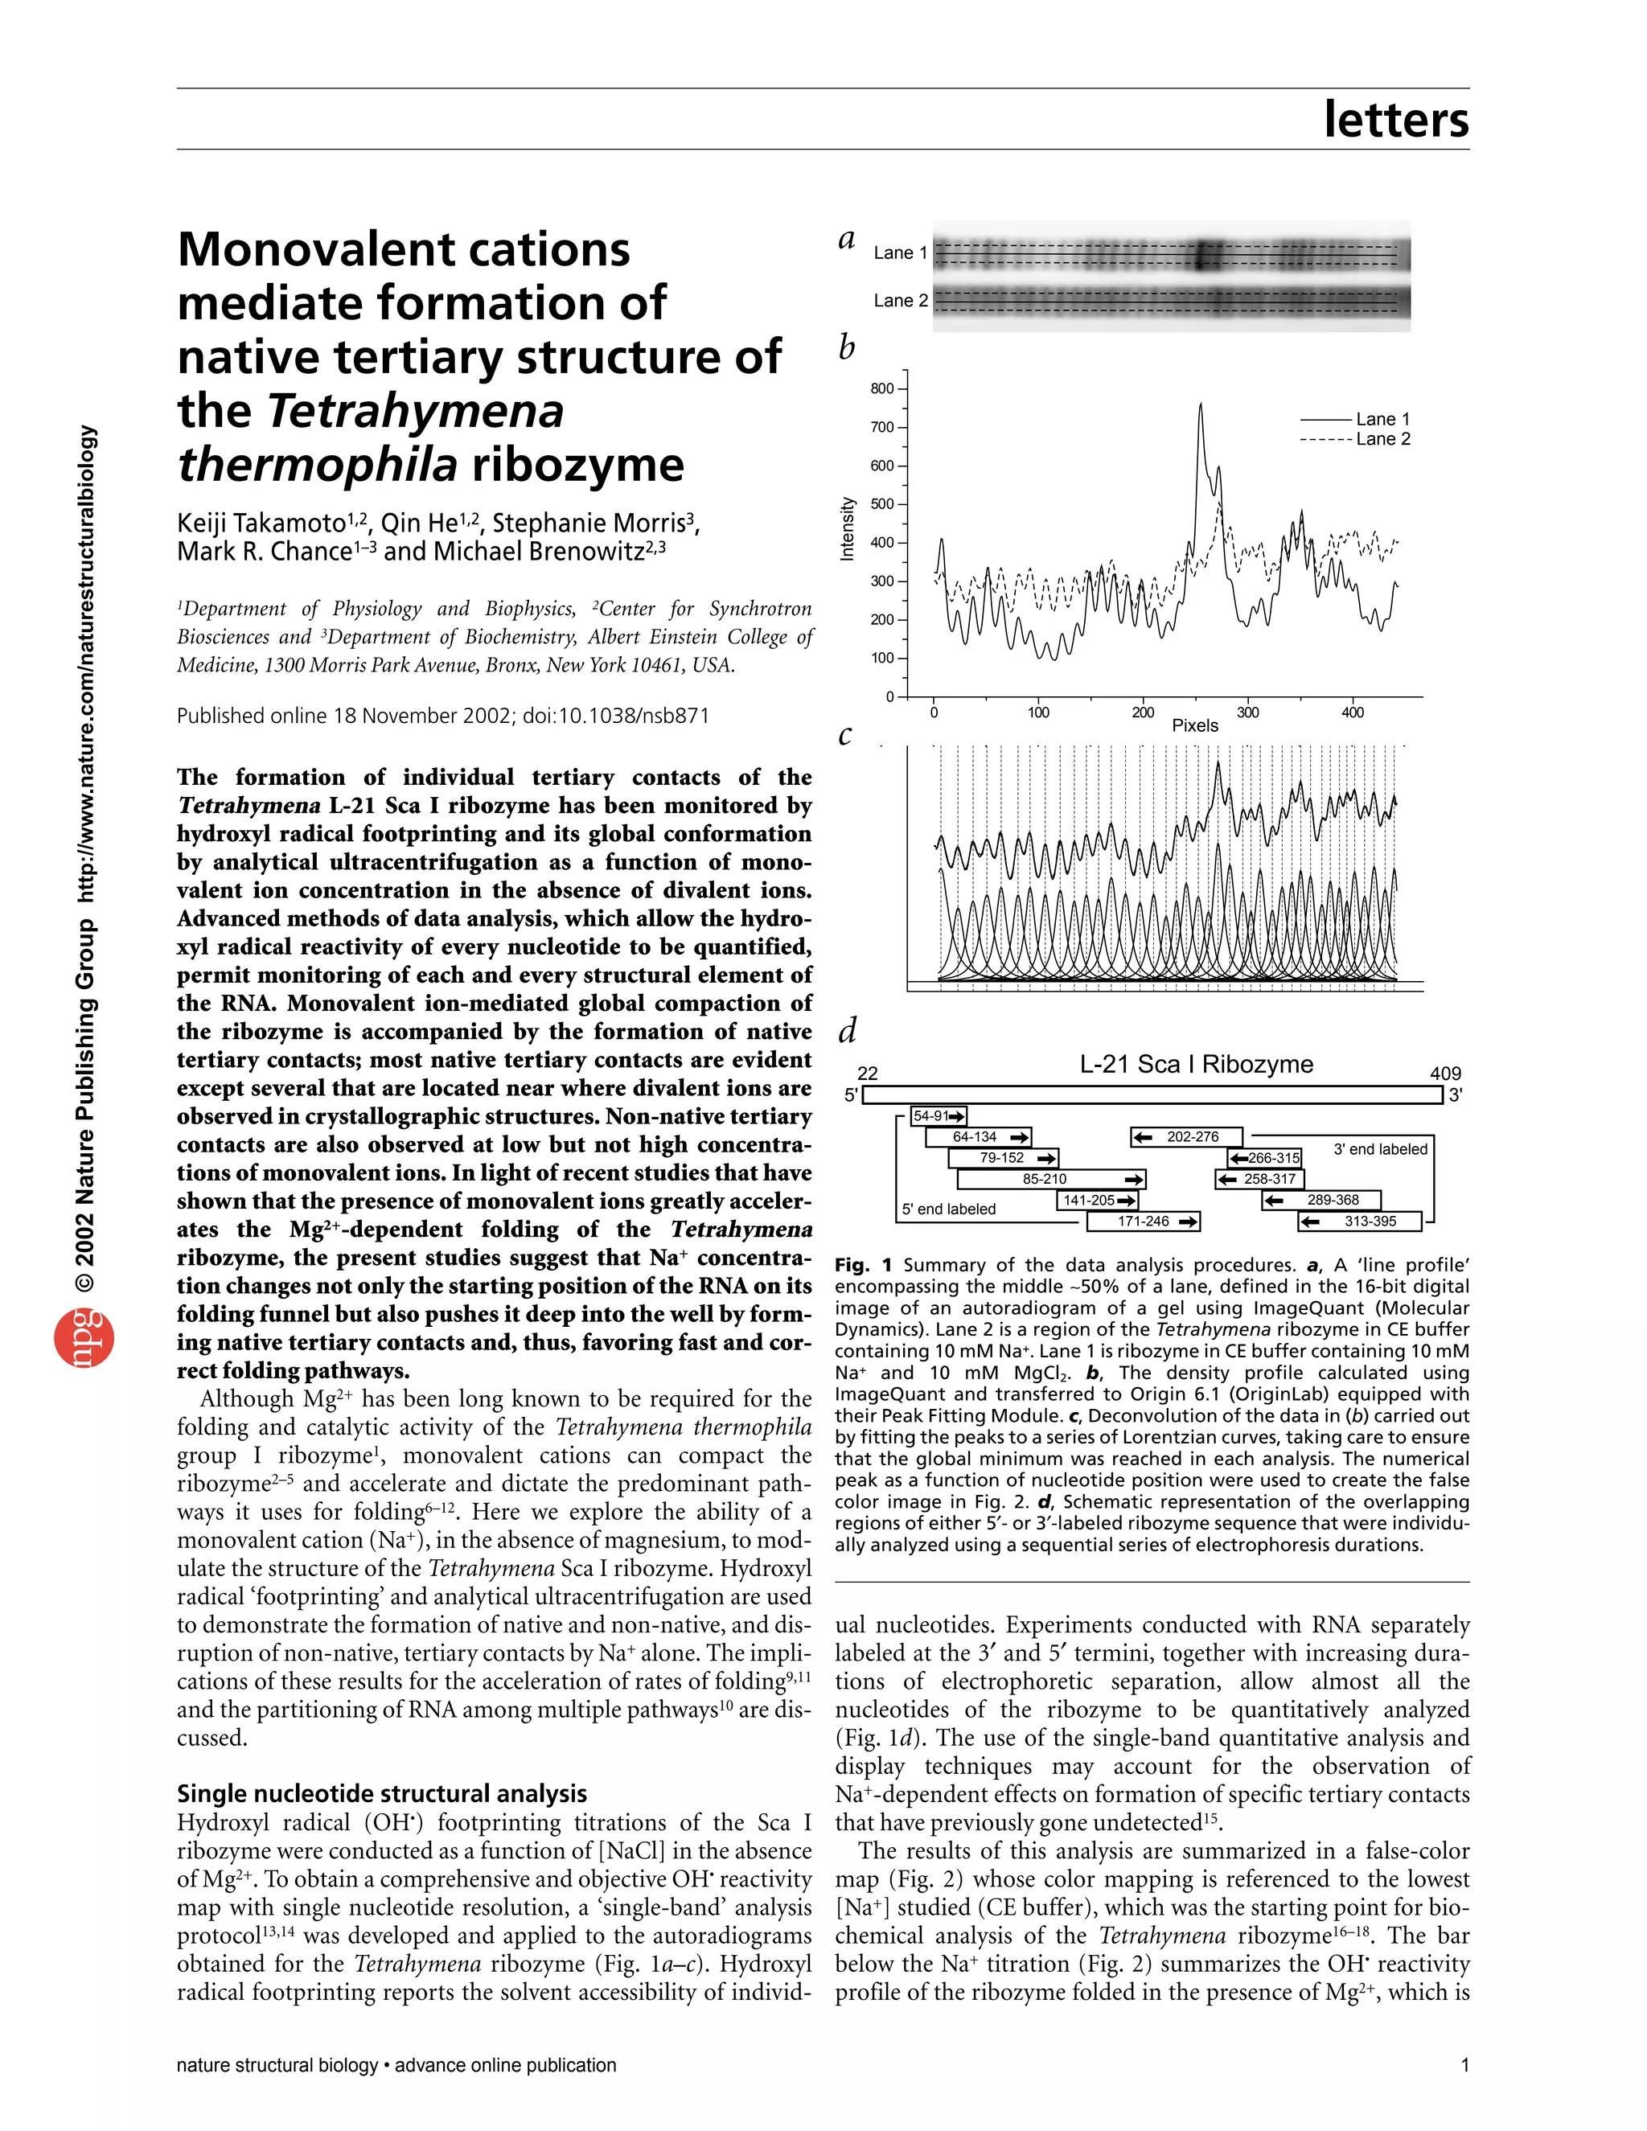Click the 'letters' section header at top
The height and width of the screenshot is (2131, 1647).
(x=1395, y=120)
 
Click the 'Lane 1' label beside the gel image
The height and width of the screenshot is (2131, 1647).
(x=900, y=253)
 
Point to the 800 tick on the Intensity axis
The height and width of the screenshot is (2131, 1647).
(x=882, y=388)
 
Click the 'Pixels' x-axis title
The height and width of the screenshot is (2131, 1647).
(x=1194, y=725)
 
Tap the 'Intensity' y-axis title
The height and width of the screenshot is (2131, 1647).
(x=847, y=529)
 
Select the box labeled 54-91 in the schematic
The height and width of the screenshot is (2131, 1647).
(x=938, y=1116)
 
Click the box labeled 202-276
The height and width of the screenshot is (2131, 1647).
(x=1186, y=1137)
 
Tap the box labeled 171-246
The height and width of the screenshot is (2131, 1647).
(x=1144, y=1221)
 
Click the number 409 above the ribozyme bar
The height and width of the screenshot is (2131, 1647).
(x=1445, y=1074)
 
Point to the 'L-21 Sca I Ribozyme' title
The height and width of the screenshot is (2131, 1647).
(x=1195, y=1064)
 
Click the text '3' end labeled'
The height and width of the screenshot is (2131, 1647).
(x=1380, y=1149)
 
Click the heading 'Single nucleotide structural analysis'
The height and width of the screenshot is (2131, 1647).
(x=381, y=1793)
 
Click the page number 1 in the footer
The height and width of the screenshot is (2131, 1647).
(x=1464, y=2064)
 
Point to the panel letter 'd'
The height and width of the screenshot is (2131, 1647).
(x=848, y=1029)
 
